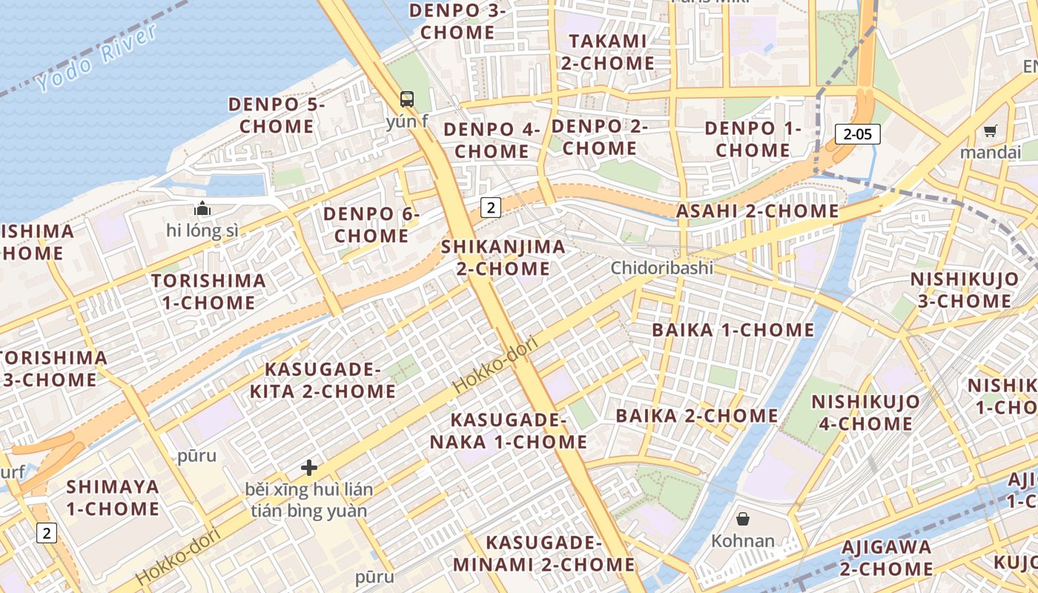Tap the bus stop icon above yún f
(x=407, y=99)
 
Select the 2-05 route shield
(x=858, y=134)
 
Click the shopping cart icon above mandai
(x=990, y=131)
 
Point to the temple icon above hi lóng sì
(x=202, y=209)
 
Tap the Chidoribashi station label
(x=662, y=268)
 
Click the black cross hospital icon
(x=309, y=468)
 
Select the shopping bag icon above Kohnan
(x=743, y=519)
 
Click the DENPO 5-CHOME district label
(x=276, y=115)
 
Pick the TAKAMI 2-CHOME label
(x=607, y=52)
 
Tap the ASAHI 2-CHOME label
(x=757, y=211)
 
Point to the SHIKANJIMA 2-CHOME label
(x=503, y=257)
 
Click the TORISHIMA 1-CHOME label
(x=208, y=291)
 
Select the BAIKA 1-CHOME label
(x=733, y=330)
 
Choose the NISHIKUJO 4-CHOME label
(x=865, y=413)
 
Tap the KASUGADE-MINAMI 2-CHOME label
(x=543, y=554)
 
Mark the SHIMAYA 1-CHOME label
(x=113, y=497)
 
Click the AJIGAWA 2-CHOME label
(x=886, y=558)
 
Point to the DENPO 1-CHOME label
(x=753, y=139)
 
